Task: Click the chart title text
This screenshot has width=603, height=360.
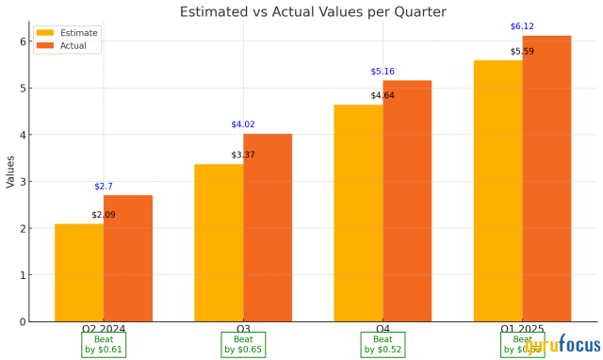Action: (315, 12)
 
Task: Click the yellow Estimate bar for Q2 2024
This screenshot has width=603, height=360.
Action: (79, 273)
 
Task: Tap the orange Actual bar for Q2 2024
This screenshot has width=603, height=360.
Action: (128, 259)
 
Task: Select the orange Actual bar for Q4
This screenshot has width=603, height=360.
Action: (407, 202)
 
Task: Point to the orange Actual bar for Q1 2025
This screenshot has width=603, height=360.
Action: (546, 179)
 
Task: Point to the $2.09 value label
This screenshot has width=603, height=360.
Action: (104, 215)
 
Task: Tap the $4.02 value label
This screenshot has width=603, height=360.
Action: (243, 124)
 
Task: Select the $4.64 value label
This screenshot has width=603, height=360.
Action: (383, 95)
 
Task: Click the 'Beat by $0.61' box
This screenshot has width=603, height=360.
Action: (104, 344)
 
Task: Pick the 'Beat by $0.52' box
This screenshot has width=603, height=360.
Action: (383, 344)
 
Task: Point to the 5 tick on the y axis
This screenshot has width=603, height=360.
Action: (23, 89)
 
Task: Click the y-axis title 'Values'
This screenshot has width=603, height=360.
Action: (9, 172)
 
